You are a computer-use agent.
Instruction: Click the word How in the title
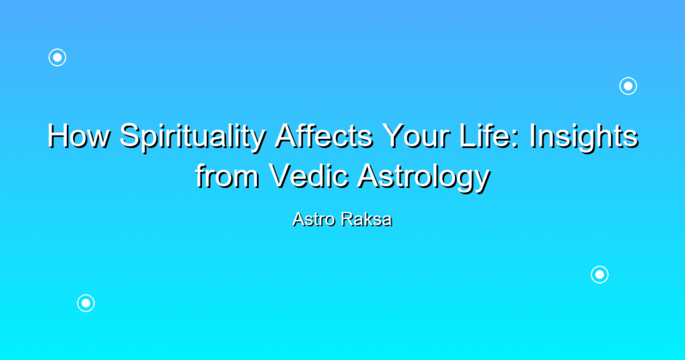pyautogui.click(x=79, y=135)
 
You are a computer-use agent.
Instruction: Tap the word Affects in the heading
pyautogui.click(x=324, y=135)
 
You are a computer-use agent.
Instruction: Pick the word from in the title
pyautogui.click(x=227, y=175)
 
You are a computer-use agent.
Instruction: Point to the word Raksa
pyautogui.click(x=367, y=219)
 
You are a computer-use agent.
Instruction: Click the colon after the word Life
pyautogui.click(x=516, y=139)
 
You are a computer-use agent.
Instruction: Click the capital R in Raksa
pyautogui.click(x=348, y=219)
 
